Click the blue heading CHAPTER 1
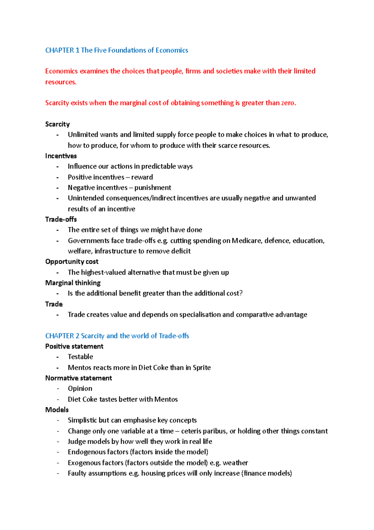(x=116, y=50)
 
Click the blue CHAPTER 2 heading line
(x=117, y=336)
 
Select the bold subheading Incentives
(x=61, y=156)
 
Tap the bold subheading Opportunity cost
(x=72, y=262)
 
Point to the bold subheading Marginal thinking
(x=73, y=283)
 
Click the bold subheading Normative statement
(x=79, y=378)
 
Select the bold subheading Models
(x=57, y=410)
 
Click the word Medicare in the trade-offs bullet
(x=247, y=241)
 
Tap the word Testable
(x=80, y=357)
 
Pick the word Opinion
(x=80, y=389)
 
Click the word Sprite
(x=202, y=368)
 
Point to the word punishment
(x=153, y=188)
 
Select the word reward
(x=142, y=177)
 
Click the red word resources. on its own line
(x=61, y=82)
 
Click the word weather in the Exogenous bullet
(x=235, y=463)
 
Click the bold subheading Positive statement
(x=74, y=346)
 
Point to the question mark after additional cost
(x=241, y=293)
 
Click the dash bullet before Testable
(x=58, y=357)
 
